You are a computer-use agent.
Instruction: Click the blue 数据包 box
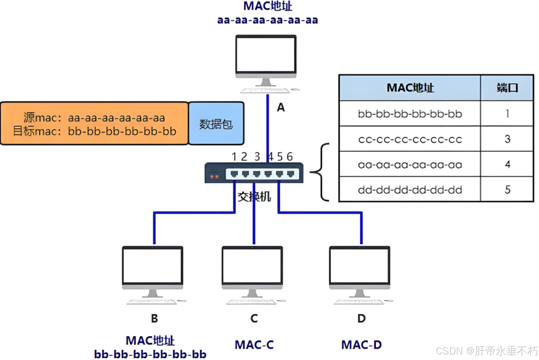pyautogui.click(x=216, y=123)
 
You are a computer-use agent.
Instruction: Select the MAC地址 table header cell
pyautogui.click(x=410, y=88)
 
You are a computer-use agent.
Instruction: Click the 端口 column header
pyautogui.click(x=507, y=88)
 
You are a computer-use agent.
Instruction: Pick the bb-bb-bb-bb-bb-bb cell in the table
pyautogui.click(x=410, y=114)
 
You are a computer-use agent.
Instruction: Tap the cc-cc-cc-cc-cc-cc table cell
pyautogui.click(x=410, y=139)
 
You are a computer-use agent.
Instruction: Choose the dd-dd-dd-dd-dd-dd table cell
pyautogui.click(x=410, y=190)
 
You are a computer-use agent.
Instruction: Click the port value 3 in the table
pyautogui.click(x=507, y=139)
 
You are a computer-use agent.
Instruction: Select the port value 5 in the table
pyautogui.click(x=507, y=190)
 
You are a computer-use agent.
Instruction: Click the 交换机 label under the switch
pyautogui.click(x=254, y=197)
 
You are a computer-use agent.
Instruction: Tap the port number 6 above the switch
pyautogui.click(x=290, y=157)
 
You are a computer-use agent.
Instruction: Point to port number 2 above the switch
pyautogui.click(x=244, y=157)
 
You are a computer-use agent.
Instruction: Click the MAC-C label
pyautogui.click(x=254, y=344)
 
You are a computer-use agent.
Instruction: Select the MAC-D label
pyautogui.click(x=362, y=344)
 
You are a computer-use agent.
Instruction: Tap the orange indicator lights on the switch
pyautogui.click(x=214, y=177)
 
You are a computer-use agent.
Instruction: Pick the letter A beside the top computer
pyautogui.click(x=281, y=107)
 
